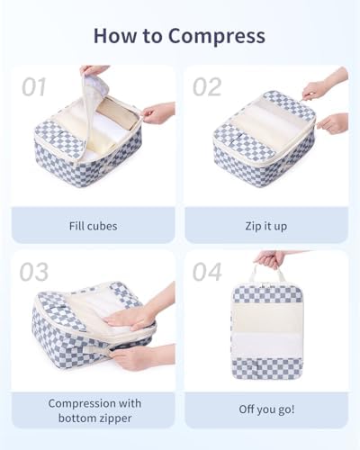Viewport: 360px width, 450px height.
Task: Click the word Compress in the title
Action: (x=216, y=36)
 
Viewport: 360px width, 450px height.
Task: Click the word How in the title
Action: (x=116, y=35)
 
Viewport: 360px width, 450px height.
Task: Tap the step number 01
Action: (x=34, y=86)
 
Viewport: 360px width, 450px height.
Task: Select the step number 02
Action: (x=207, y=87)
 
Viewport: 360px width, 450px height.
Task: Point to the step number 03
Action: (x=34, y=272)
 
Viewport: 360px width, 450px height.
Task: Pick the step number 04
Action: (x=207, y=272)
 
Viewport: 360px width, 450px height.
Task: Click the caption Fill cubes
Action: (x=93, y=226)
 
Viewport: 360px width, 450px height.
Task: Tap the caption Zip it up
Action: (x=266, y=226)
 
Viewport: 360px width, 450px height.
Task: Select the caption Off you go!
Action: (x=266, y=409)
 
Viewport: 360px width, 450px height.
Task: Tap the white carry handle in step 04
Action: (x=266, y=274)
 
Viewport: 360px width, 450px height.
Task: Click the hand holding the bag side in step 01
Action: (x=158, y=112)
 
